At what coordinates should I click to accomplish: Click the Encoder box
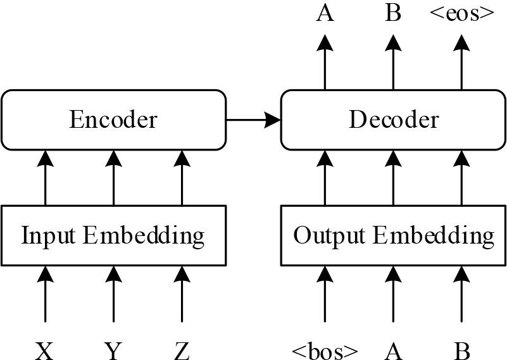click(x=113, y=120)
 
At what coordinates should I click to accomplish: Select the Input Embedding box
click(x=113, y=235)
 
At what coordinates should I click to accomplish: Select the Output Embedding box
click(x=393, y=235)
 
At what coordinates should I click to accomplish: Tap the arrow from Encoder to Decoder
click(x=253, y=119)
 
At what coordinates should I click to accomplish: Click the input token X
click(x=44, y=349)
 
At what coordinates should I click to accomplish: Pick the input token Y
click(x=113, y=349)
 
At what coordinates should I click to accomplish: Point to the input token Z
click(x=182, y=349)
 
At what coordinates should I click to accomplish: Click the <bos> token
click(x=325, y=349)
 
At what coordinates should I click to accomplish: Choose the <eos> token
click(x=461, y=13)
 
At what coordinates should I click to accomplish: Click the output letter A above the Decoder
click(x=325, y=13)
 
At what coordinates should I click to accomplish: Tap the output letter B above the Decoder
click(x=393, y=13)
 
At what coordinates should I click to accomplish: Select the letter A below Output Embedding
click(x=393, y=349)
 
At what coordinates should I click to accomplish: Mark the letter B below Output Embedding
click(x=461, y=349)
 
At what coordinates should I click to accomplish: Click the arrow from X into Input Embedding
click(x=45, y=294)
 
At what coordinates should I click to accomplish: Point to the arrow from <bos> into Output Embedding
click(x=325, y=294)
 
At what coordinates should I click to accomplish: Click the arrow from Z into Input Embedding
click(x=182, y=294)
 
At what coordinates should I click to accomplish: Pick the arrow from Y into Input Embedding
click(x=113, y=294)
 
